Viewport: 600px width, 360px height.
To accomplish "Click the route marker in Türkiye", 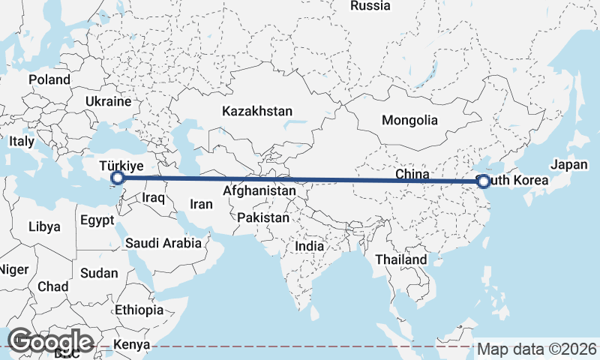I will pos(117,178).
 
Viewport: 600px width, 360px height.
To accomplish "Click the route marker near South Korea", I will pos(483,181).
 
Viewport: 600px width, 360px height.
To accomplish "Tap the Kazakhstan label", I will pos(256,111).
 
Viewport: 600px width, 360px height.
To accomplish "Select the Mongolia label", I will pos(409,120).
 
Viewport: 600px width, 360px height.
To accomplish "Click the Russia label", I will pos(370,6).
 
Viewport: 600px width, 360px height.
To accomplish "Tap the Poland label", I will pos(49,79).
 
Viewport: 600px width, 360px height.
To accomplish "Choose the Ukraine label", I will pos(109,100).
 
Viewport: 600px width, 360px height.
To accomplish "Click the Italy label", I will pos(22,141).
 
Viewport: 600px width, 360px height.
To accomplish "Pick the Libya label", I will pos(43,226).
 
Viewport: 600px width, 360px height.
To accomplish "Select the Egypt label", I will pos(97,220).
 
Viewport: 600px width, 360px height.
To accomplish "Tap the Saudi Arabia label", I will pos(163,243).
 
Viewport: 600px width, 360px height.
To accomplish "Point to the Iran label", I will pos(202,204).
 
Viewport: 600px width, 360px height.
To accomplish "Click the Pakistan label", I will pos(262,218).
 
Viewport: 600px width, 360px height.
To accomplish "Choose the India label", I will pos(309,245).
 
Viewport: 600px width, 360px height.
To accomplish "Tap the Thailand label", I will pos(401,259).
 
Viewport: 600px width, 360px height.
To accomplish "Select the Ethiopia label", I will pos(139,310).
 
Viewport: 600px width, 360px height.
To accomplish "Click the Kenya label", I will pos(131,346).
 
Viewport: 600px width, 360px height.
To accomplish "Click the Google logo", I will pos(50,342).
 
